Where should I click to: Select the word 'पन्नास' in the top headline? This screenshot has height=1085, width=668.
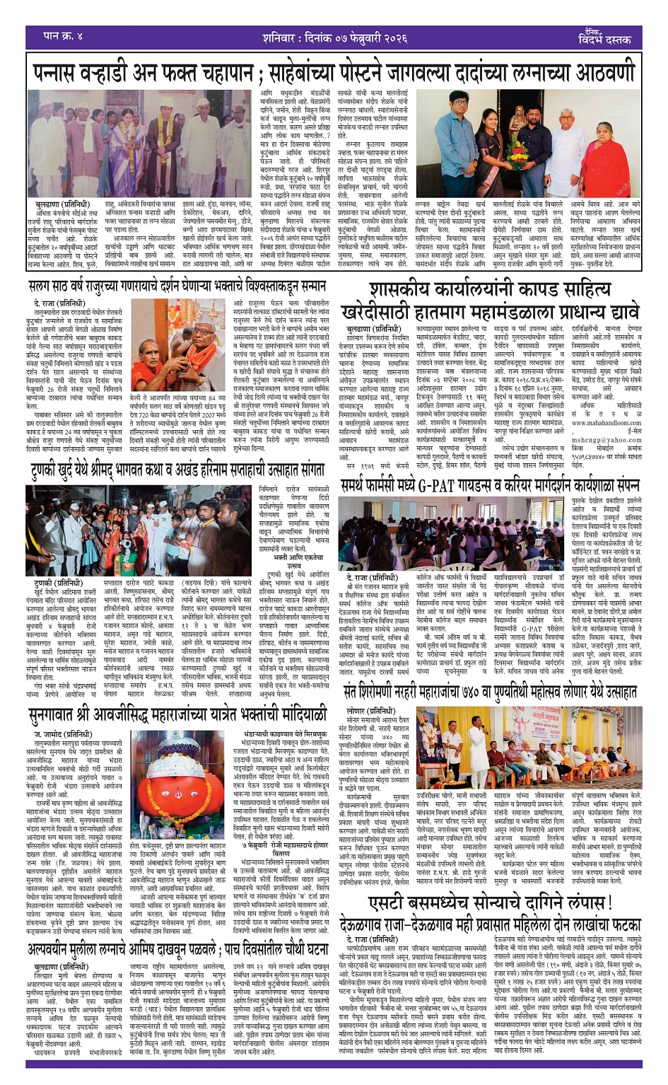click(63, 72)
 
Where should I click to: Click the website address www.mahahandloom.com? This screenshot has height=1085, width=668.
click(604, 423)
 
